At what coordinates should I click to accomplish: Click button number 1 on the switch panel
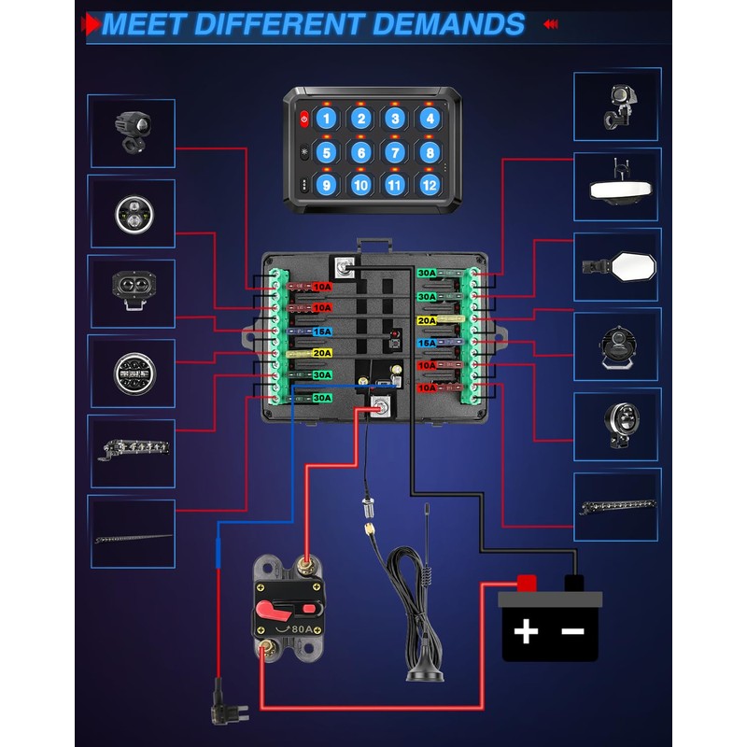point(325,119)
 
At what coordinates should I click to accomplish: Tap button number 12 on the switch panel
point(429,184)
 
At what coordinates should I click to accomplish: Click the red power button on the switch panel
point(304,119)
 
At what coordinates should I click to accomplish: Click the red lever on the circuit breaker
point(277,610)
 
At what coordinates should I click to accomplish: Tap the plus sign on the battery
point(527,632)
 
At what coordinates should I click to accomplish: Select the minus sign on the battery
point(572,632)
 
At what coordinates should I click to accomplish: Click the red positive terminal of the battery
point(526,583)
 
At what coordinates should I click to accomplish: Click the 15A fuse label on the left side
point(321,331)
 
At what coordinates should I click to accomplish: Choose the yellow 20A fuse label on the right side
point(427,320)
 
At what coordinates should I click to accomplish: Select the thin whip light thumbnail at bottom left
point(133,536)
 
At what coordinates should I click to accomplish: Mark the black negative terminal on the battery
point(574,583)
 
